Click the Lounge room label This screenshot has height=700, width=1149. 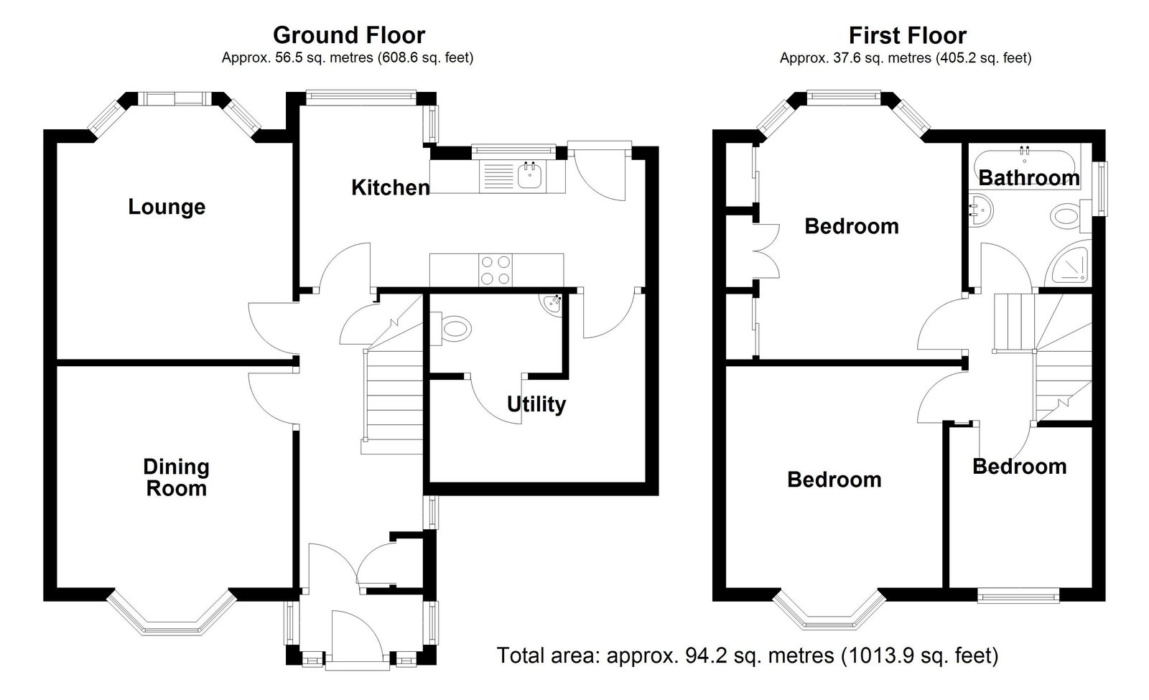click(x=167, y=207)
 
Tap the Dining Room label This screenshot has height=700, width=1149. click(x=176, y=477)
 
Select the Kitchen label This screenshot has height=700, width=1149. click(x=391, y=187)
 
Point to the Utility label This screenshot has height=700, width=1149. click(x=536, y=405)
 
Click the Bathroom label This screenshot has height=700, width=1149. click(x=1029, y=178)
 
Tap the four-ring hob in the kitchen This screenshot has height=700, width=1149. click(x=496, y=270)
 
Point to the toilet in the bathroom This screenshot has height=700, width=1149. click(x=1071, y=216)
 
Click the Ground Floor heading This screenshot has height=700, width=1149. click(x=349, y=35)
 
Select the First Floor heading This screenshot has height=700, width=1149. click(x=908, y=35)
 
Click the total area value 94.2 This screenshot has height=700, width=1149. click(x=706, y=655)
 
